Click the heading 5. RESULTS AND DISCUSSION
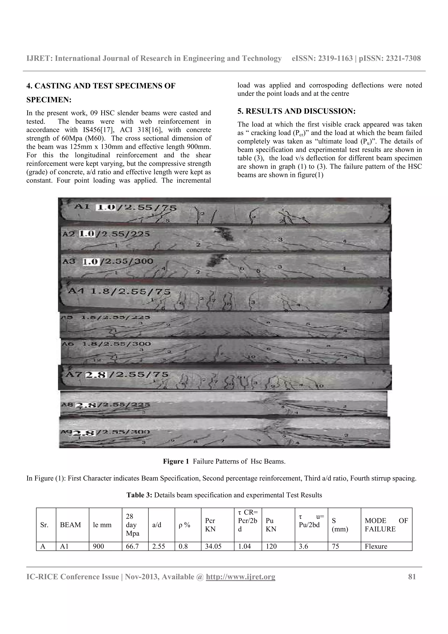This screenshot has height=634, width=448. pos(296,111)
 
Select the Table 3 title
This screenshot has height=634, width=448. pos(224,495)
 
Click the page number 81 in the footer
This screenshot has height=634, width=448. pos(411,577)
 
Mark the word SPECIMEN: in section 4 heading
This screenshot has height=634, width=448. pos(49,100)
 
